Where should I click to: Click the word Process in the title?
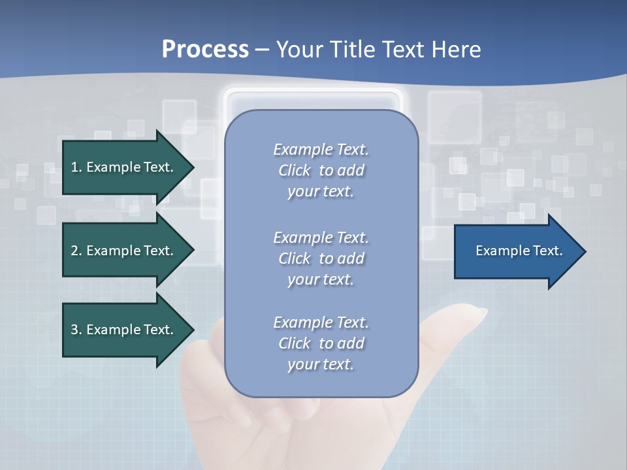point(205,50)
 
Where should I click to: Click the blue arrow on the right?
point(516,251)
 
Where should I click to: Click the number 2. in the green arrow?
point(76,251)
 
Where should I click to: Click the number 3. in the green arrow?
point(76,330)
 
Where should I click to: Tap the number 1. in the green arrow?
point(76,167)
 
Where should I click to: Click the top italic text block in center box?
point(321,170)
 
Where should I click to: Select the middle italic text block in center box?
point(321,258)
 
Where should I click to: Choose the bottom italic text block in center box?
point(321,343)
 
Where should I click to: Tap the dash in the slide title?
point(263,50)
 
